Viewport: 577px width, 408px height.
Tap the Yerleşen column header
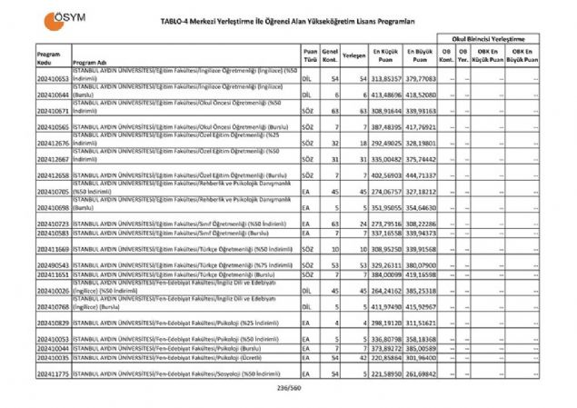354,55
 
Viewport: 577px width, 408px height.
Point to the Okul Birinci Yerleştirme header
489,41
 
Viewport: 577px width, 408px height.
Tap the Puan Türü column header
311,55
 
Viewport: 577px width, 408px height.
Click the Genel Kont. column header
331,55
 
